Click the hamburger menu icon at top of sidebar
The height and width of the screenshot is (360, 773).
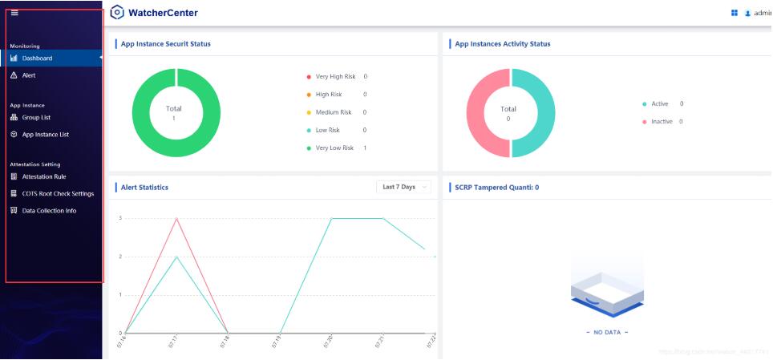coord(14,13)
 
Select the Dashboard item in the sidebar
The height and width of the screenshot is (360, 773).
coord(37,59)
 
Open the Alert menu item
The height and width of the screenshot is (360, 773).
coord(28,75)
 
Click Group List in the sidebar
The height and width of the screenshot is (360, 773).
coord(36,118)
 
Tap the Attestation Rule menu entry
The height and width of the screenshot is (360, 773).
coord(43,176)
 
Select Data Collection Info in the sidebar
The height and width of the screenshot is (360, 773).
coord(49,211)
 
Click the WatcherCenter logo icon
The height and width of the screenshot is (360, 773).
coord(117,13)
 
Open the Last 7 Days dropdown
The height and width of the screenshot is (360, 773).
coord(404,187)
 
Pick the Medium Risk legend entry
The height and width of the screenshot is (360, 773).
coord(334,112)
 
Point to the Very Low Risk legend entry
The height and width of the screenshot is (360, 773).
coord(334,148)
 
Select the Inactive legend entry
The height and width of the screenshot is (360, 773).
coord(662,122)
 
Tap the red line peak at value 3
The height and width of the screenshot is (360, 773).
coord(176,218)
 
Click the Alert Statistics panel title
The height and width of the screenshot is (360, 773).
coord(144,188)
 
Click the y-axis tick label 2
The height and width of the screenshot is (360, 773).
coord(120,257)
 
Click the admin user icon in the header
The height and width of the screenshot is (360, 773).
coord(747,14)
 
